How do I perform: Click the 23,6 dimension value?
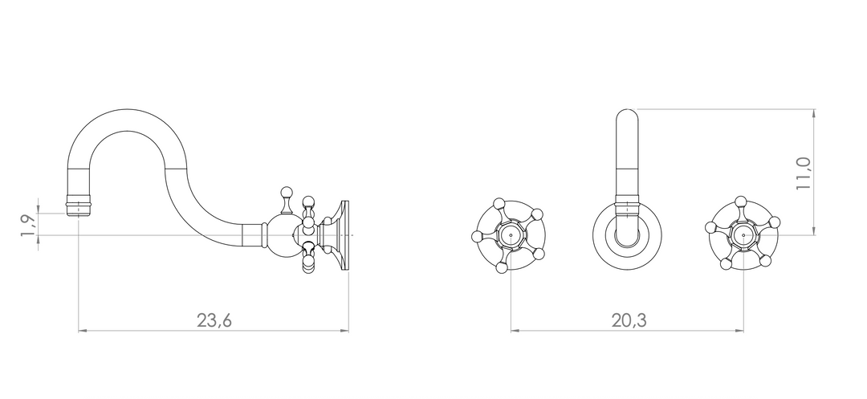pos(214,320)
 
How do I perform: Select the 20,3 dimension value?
pos(629,320)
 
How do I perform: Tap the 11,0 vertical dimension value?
pos(803,173)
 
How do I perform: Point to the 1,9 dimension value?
pos(28,226)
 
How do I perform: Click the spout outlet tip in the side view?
pos(79,209)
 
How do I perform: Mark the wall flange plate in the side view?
pos(345,235)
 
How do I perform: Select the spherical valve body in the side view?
pos(283,236)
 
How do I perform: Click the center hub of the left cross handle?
pos(511,235)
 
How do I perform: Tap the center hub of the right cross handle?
pos(743,235)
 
